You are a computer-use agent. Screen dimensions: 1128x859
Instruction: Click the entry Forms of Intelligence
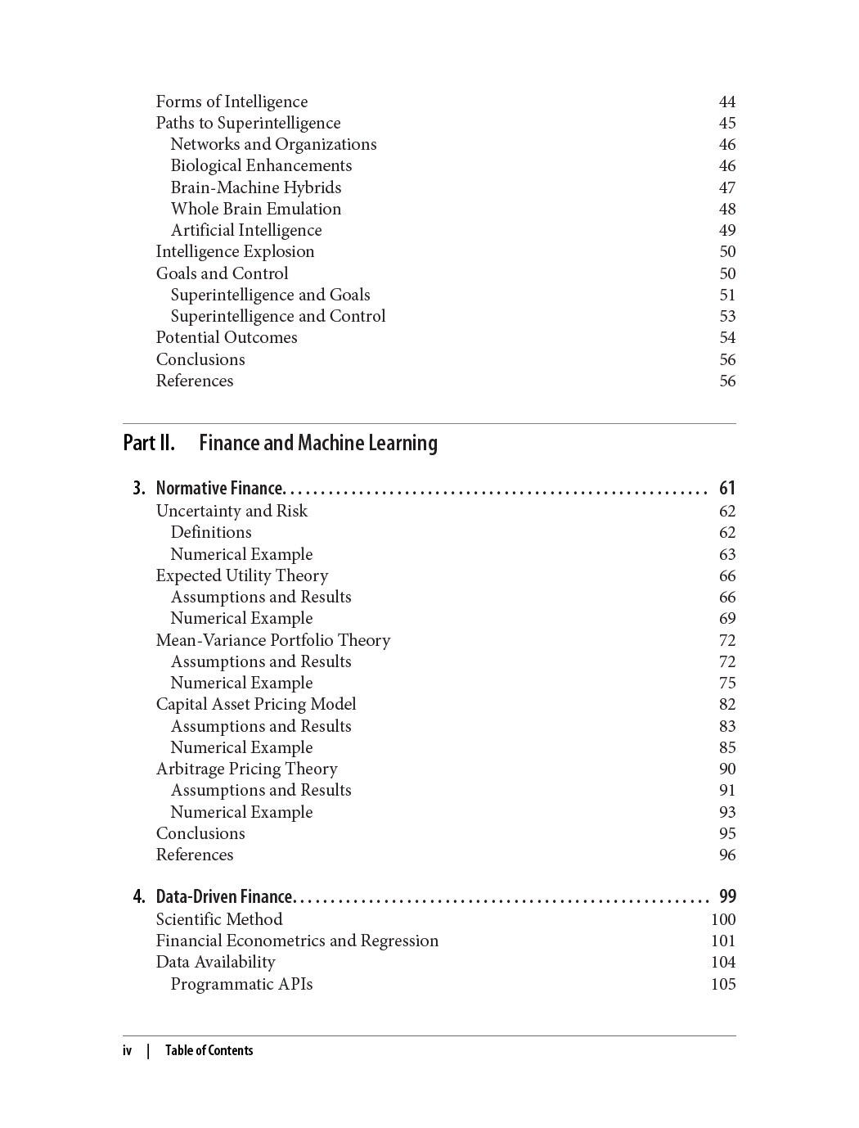(x=232, y=102)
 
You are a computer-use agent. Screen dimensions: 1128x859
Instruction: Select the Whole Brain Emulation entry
(x=255, y=209)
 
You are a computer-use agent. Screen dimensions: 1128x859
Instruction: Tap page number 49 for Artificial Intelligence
(x=726, y=231)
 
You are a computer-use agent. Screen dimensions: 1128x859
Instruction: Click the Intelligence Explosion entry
(x=235, y=251)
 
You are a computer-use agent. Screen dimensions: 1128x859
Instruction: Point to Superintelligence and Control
(x=277, y=316)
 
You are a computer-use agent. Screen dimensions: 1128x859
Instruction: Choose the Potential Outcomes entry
(x=227, y=337)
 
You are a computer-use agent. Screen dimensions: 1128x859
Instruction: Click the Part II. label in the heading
(x=148, y=443)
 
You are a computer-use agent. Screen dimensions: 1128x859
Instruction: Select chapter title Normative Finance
(x=219, y=489)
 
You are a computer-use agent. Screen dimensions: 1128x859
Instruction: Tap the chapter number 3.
(x=139, y=489)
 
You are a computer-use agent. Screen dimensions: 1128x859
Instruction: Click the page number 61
(x=726, y=489)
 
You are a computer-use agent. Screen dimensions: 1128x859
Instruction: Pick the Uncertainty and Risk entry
(x=232, y=511)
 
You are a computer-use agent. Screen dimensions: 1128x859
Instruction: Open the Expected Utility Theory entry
(x=241, y=575)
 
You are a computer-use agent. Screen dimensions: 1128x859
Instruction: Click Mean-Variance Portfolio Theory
(x=272, y=640)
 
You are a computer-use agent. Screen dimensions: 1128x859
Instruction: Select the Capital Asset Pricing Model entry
(x=256, y=704)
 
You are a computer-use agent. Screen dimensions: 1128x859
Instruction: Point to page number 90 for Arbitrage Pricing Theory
(x=726, y=769)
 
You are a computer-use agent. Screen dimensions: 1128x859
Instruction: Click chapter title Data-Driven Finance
(x=223, y=897)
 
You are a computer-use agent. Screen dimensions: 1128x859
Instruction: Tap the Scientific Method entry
(x=219, y=919)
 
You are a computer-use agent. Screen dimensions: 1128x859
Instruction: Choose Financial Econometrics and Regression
(x=297, y=941)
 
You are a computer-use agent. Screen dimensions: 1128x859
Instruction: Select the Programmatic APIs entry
(x=241, y=984)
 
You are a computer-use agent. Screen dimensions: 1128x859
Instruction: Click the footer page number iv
(x=127, y=1051)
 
